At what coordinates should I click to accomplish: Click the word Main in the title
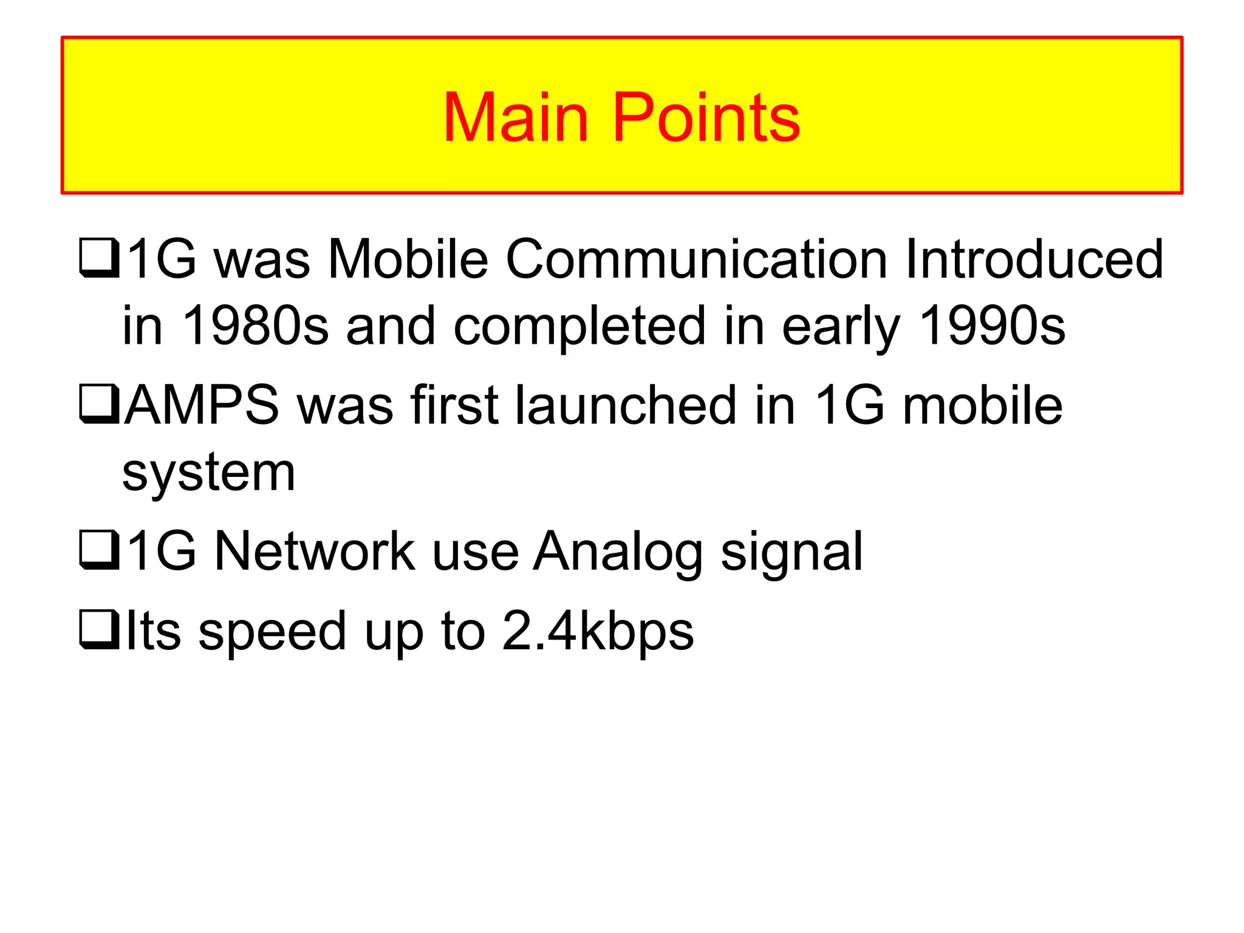[516, 118]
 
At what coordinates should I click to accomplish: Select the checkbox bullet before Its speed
[99, 629]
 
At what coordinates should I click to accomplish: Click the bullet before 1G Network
[99, 550]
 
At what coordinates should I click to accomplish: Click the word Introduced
[1034, 259]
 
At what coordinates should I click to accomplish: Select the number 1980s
[255, 326]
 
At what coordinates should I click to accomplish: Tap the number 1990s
[992, 326]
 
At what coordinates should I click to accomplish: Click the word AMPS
[202, 405]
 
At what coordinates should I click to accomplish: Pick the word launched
[626, 405]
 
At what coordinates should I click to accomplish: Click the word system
[208, 473]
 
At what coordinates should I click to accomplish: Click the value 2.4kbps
[598, 632]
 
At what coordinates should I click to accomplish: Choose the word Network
[315, 551]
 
